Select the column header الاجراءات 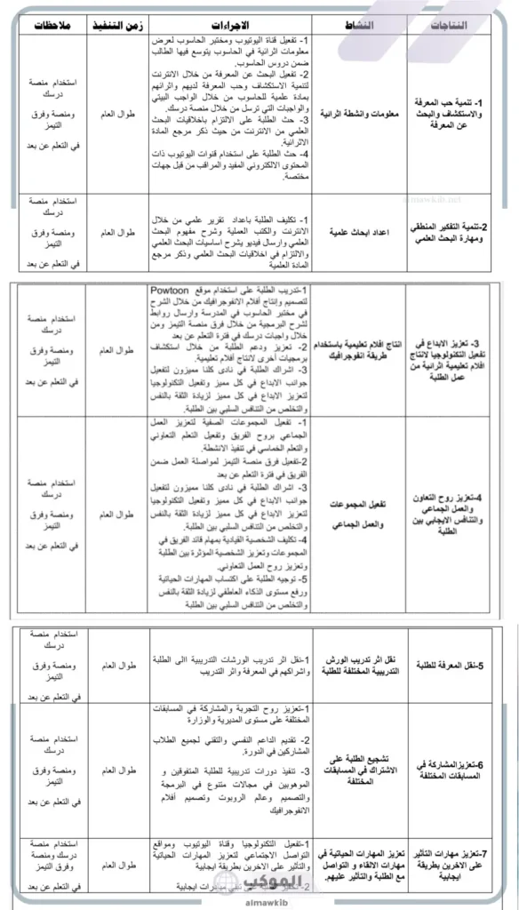pos(234,24)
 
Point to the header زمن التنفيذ pos(121,24)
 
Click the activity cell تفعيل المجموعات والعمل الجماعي pos(359,515)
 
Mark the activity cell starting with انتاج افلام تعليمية pos(359,351)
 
